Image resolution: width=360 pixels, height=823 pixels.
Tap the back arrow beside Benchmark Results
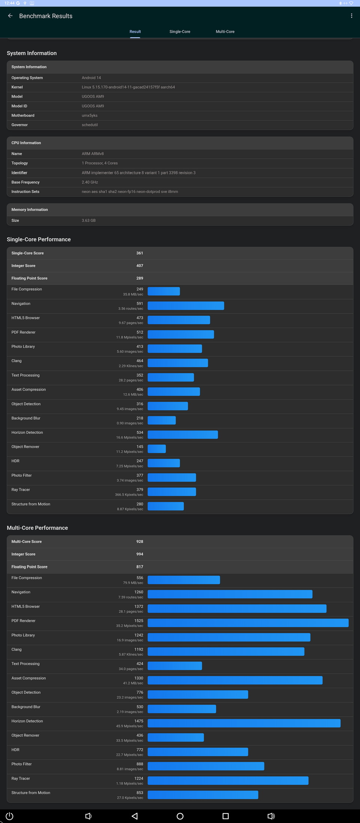(10, 16)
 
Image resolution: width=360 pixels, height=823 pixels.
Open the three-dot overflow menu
(351, 16)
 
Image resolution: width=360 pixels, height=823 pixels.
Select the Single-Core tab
(180, 32)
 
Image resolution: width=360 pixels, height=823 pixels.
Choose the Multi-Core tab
(225, 32)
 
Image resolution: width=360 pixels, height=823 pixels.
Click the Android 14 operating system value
(91, 78)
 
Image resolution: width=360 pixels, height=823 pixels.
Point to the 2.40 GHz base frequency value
(90, 182)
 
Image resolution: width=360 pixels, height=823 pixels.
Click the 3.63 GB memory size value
(88, 221)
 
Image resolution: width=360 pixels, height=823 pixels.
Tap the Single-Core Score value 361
(139, 253)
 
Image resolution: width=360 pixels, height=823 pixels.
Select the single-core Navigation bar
(186, 306)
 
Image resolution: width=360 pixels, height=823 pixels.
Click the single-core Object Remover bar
(157, 449)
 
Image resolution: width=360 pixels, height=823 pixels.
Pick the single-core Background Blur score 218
(139, 418)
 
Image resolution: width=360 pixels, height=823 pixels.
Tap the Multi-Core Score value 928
(139, 542)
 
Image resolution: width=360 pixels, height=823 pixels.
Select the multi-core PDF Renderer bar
(248, 623)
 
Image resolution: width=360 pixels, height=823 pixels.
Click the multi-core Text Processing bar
(175, 666)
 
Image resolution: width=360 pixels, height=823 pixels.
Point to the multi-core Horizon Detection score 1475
(139, 721)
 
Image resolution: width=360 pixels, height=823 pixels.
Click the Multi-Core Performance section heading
(37, 528)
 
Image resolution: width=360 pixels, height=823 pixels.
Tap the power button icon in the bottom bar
(10, 816)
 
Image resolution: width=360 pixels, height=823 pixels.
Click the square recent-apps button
(225, 816)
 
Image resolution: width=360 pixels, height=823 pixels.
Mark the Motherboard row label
(23, 116)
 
